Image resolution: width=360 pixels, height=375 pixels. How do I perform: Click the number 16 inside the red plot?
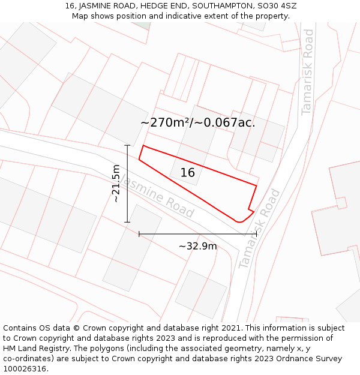pyautogui.click(x=187, y=173)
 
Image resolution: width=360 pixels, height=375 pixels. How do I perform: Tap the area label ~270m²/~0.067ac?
pyautogui.click(x=197, y=123)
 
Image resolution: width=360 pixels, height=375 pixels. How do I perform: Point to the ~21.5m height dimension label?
pyautogui.click(x=116, y=183)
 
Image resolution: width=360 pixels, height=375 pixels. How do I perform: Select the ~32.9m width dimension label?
pyautogui.click(x=197, y=246)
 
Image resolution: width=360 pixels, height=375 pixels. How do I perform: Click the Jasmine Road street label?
pyautogui.click(x=156, y=196)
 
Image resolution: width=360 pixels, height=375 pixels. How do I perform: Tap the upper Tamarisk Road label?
pyautogui.click(x=307, y=72)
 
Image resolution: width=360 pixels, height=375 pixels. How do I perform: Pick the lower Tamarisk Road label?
pyautogui.click(x=259, y=229)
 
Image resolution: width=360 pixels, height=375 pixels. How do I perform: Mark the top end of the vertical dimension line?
pyautogui.click(x=127, y=145)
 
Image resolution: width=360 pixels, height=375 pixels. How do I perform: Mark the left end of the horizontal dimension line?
pyautogui.click(x=139, y=234)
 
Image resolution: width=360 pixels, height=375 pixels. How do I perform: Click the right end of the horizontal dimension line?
pyautogui.click(x=257, y=234)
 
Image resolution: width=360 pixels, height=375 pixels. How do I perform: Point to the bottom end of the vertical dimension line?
pyautogui.click(x=127, y=222)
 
